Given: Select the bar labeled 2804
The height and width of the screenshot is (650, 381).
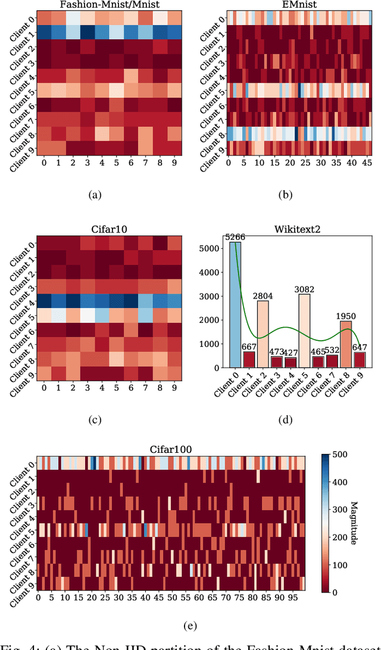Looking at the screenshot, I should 263,334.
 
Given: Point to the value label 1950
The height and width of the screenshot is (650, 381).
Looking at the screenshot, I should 345,316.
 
